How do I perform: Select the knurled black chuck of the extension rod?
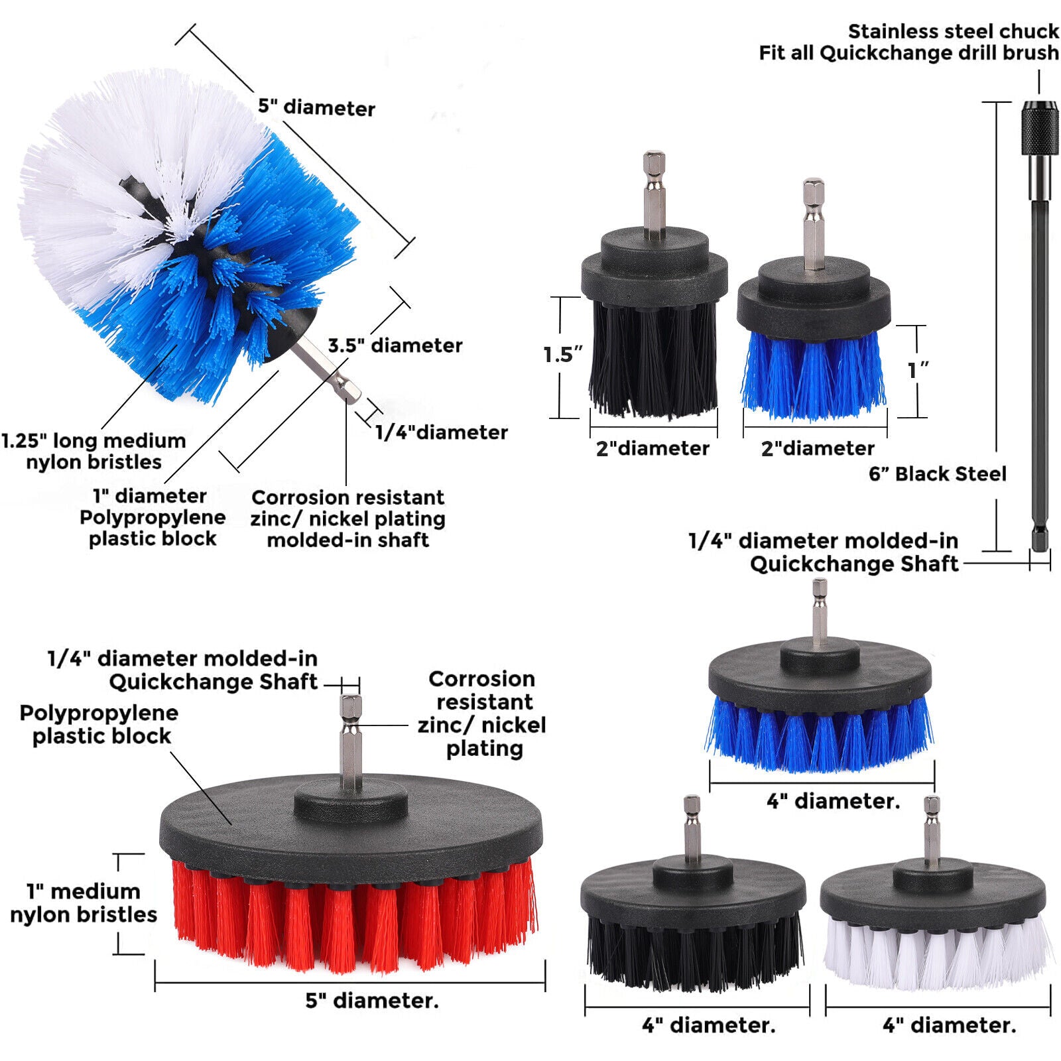(1039, 129)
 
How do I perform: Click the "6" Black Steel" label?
(937, 473)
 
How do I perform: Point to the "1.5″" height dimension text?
(562, 355)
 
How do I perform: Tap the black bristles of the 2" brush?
(653, 358)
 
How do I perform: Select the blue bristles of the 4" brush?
(820, 733)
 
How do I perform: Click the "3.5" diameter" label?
(395, 345)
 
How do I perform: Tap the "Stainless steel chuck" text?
(953, 31)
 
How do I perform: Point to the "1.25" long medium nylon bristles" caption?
(94, 451)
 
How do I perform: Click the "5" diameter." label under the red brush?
(372, 1000)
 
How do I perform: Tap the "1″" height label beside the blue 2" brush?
(918, 370)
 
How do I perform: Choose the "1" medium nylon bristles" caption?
(84, 903)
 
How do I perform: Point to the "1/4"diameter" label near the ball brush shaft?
(441, 432)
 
